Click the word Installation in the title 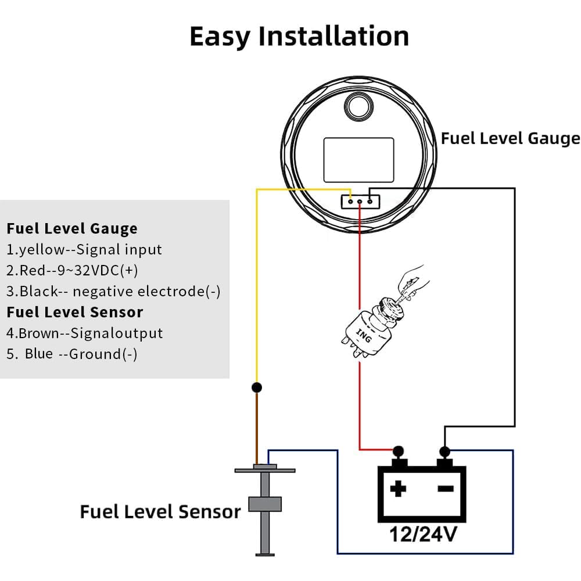333,36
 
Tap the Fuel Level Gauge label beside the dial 510,138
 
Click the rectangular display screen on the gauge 358,159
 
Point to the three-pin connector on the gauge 360,202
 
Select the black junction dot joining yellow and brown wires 256,387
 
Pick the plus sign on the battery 398,489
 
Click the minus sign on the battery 446,489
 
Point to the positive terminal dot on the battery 398,450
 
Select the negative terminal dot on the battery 445,451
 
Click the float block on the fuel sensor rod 264,504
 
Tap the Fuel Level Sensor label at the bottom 160,512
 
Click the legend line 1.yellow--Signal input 85,250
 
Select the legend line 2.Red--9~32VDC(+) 73,271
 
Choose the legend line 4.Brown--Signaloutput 85,333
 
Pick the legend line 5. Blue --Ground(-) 72,354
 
